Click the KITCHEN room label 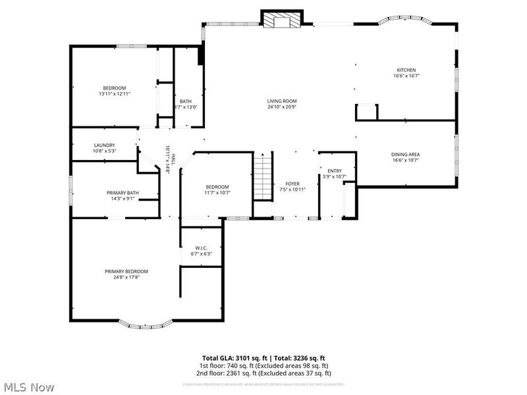(406, 70)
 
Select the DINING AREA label (406, 155)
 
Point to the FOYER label (292, 184)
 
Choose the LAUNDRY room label (104, 145)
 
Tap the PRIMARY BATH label (123, 193)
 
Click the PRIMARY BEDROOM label (126, 271)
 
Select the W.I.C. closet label (200, 248)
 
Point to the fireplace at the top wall (282, 20)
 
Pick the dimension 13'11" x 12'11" (114, 94)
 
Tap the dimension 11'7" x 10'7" (217, 193)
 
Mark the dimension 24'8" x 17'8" (126, 277)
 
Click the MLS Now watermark (28, 387)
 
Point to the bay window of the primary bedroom (144, 324)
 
